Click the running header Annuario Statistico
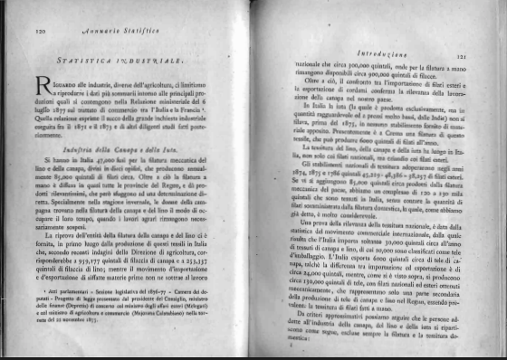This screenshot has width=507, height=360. tap(132, 31)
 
